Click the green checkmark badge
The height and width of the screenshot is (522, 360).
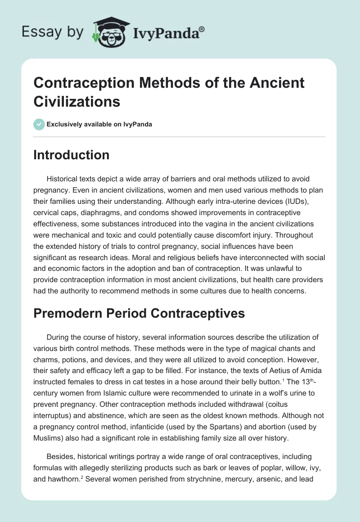[39, 124]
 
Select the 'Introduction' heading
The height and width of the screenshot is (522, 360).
[71, 155]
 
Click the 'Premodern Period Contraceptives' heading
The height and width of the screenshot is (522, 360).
[139, 313]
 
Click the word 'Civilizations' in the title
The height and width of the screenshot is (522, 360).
[77, 101]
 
